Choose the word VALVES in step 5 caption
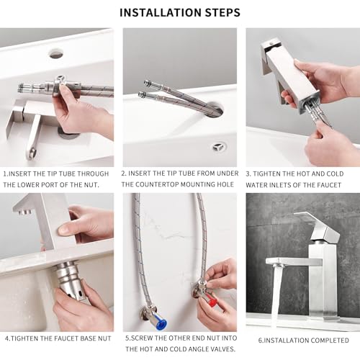(x=220, y=348)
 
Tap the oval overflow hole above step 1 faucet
(x=56, y=53)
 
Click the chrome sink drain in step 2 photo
(x=219, y=146)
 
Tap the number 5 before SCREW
(x=126, y=338)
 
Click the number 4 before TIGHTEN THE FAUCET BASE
(x=6, y=338)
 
